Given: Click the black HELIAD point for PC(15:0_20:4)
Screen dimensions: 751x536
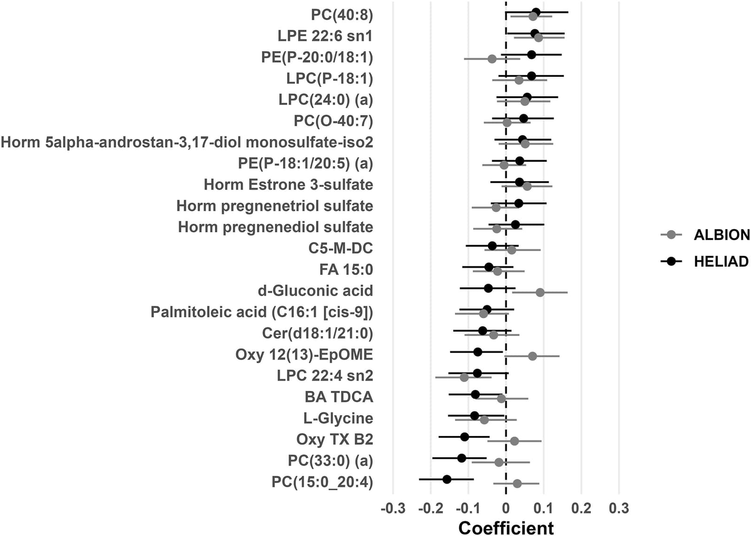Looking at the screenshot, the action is click(x=447, y=479).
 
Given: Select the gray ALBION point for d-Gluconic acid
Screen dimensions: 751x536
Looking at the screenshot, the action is click(x=540, y=292).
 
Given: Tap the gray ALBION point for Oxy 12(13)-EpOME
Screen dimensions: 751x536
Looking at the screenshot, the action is click(x=532, y=356).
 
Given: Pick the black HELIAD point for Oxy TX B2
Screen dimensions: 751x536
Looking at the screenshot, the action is click(x=465, y=437).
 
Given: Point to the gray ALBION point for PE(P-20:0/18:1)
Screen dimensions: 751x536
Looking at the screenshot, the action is click(x=492, y=59).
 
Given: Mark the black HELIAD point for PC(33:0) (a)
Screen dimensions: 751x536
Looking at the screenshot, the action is click(x=462, y=458).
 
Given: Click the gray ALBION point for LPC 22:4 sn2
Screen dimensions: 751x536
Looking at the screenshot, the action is click(x=464, y=377).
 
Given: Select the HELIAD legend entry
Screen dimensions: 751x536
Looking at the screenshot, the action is click(x=705, y=261).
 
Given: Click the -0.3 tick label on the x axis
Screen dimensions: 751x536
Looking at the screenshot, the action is click(x=393, y=509).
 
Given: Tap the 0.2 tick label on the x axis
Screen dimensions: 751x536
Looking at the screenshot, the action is click(x=582, y=509).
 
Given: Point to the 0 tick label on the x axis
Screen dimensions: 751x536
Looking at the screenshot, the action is click(x=506, y=509).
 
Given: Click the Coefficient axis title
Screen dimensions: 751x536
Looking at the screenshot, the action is click(x=506, y=528).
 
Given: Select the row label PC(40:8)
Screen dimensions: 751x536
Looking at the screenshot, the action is click(x=342, y=15).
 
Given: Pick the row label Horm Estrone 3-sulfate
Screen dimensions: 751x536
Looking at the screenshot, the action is click(x=288, y=185).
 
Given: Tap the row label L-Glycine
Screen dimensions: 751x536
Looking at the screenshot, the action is click(x=338, y=418).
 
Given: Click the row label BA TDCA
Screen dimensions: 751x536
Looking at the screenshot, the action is click(x=339, y=397).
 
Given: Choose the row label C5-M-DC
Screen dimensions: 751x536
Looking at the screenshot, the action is click(x=341, y=248).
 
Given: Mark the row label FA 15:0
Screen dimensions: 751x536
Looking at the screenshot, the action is click(x=346, y=269).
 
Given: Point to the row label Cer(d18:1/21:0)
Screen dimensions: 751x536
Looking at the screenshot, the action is click(x=317, y=334).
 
